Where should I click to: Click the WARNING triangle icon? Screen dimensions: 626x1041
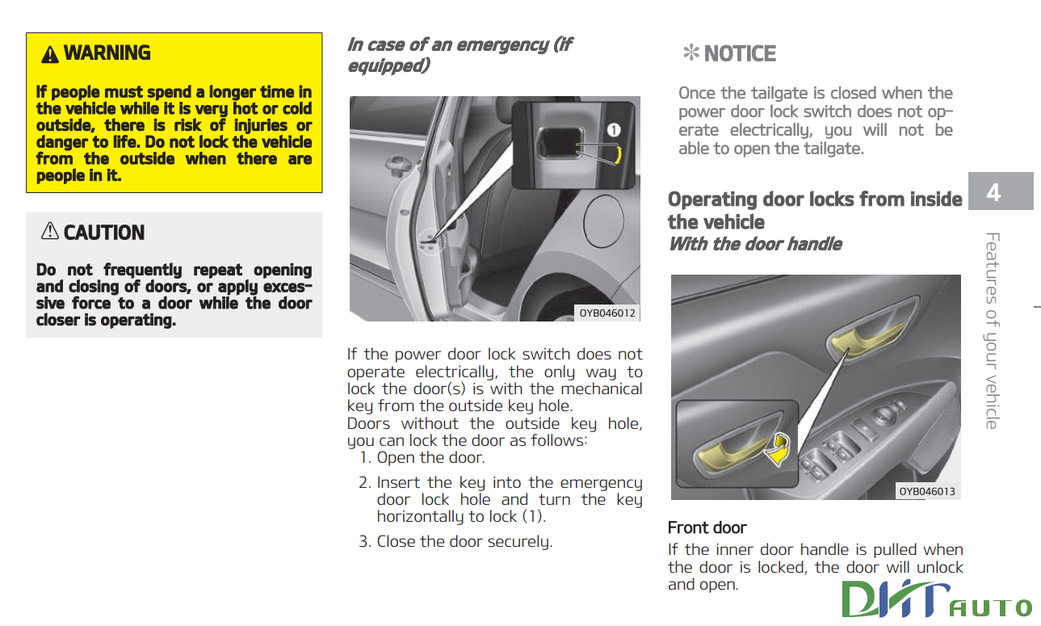point(50,54)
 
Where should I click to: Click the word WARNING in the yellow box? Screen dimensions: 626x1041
point(107,53)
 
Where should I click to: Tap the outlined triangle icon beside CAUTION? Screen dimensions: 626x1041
point(50,233)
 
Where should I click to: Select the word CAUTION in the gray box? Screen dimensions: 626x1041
point(104,233)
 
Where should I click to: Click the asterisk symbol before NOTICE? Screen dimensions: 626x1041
point(691,54)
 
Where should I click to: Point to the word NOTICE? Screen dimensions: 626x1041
point(740,54)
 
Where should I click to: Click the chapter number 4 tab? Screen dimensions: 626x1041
point(994,192)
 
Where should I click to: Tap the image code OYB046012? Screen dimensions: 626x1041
point(607,313)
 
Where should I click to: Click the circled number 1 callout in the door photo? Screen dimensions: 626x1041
point(614,129)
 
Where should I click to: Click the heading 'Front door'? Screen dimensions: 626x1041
point(707,527)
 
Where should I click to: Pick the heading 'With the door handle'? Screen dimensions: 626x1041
point(754,244)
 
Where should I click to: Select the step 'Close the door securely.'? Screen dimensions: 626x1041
point(464,541)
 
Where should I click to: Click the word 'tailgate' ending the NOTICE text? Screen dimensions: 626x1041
point(831,149)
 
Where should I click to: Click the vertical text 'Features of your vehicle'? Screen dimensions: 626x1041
point(993,330)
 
